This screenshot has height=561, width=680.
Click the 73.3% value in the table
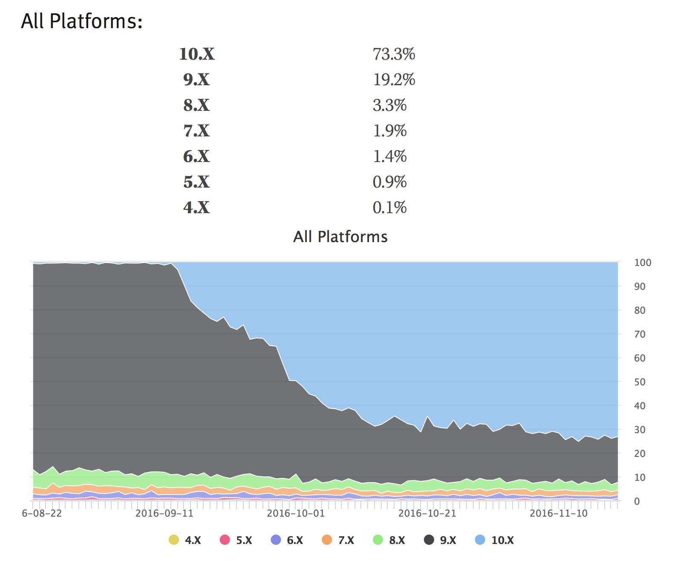pos(394,54)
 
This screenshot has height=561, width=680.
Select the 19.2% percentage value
pos(394,80)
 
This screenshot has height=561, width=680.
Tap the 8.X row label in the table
pos(196,105)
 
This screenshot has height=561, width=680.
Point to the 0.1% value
pos(389,208)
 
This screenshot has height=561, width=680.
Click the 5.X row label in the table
pos(196,182)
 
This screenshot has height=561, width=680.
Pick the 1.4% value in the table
pos(389,156)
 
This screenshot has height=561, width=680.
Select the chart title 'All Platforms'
pos(340,237)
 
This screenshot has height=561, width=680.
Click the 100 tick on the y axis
pos(643,263)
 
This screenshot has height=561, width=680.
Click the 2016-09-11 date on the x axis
pos(164,513)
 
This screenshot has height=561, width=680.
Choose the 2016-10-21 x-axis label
pos(427,513)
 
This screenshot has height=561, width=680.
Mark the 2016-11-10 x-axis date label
pos(558,513)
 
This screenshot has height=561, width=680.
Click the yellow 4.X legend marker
pos(174,540)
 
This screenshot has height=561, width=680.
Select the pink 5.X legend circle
pos(225,540)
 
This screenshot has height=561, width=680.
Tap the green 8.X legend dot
pos(378,540)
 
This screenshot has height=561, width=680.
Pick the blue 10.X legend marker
pos(480,540)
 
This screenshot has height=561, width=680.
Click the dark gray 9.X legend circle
pos(429,540)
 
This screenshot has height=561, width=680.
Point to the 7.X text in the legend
pos(346,541)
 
